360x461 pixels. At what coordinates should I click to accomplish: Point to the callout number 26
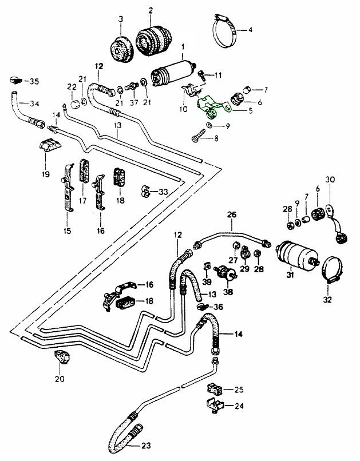tap(232, 215)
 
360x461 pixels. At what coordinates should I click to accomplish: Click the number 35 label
tap(35, 82)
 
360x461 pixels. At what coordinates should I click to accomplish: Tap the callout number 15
tap(67, 230)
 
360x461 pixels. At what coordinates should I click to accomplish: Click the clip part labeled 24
tap(213, 406)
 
